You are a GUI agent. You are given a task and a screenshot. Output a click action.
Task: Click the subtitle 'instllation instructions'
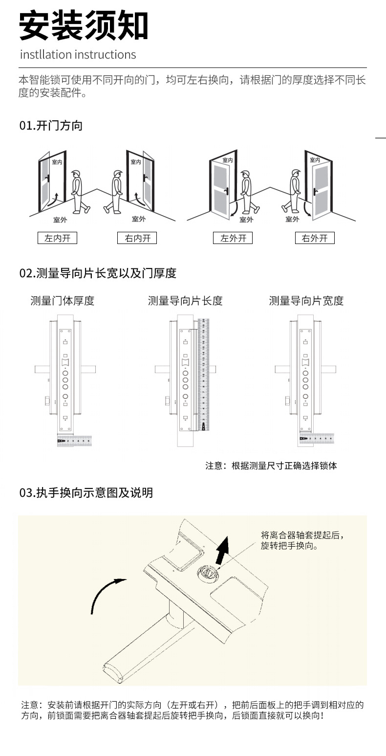click(78, 54)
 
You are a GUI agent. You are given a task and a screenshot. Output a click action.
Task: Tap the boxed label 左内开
click(57, 238)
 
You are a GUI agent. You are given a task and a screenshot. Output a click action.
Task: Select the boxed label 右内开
click(137, 238)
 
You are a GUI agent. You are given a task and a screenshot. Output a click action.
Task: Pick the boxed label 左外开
click(233, 238)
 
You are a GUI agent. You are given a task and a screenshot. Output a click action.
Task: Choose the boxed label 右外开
click(315, 238)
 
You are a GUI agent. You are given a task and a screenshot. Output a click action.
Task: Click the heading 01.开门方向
click(51, 126)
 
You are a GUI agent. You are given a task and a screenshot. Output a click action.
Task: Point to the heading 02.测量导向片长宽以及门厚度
click(98, 273)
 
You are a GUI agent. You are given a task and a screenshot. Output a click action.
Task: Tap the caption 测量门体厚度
click(63, 301)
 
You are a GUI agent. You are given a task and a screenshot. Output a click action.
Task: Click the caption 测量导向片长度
click(185, 301)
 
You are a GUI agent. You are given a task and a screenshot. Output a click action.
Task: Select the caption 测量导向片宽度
click(306, 301)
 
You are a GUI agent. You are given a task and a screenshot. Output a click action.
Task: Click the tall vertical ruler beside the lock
click(204, 374)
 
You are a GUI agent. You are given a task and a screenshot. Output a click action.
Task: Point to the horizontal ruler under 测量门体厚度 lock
click(74, 441)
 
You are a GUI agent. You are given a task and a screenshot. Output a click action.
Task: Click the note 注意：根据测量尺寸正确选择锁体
click(271, 466)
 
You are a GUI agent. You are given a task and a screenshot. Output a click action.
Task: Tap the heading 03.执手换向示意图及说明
click(86, 493)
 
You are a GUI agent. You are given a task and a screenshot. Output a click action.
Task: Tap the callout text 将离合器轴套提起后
click(305, 535)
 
